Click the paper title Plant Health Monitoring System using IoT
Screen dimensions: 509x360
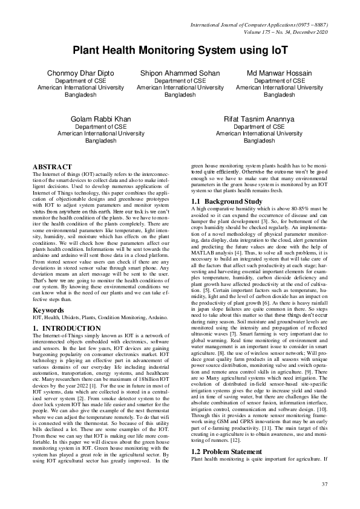point(180,51)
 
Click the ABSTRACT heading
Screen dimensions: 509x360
point(52,166)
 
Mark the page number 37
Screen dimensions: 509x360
point(324,484)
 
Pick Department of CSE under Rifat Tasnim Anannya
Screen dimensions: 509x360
point(260,127)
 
